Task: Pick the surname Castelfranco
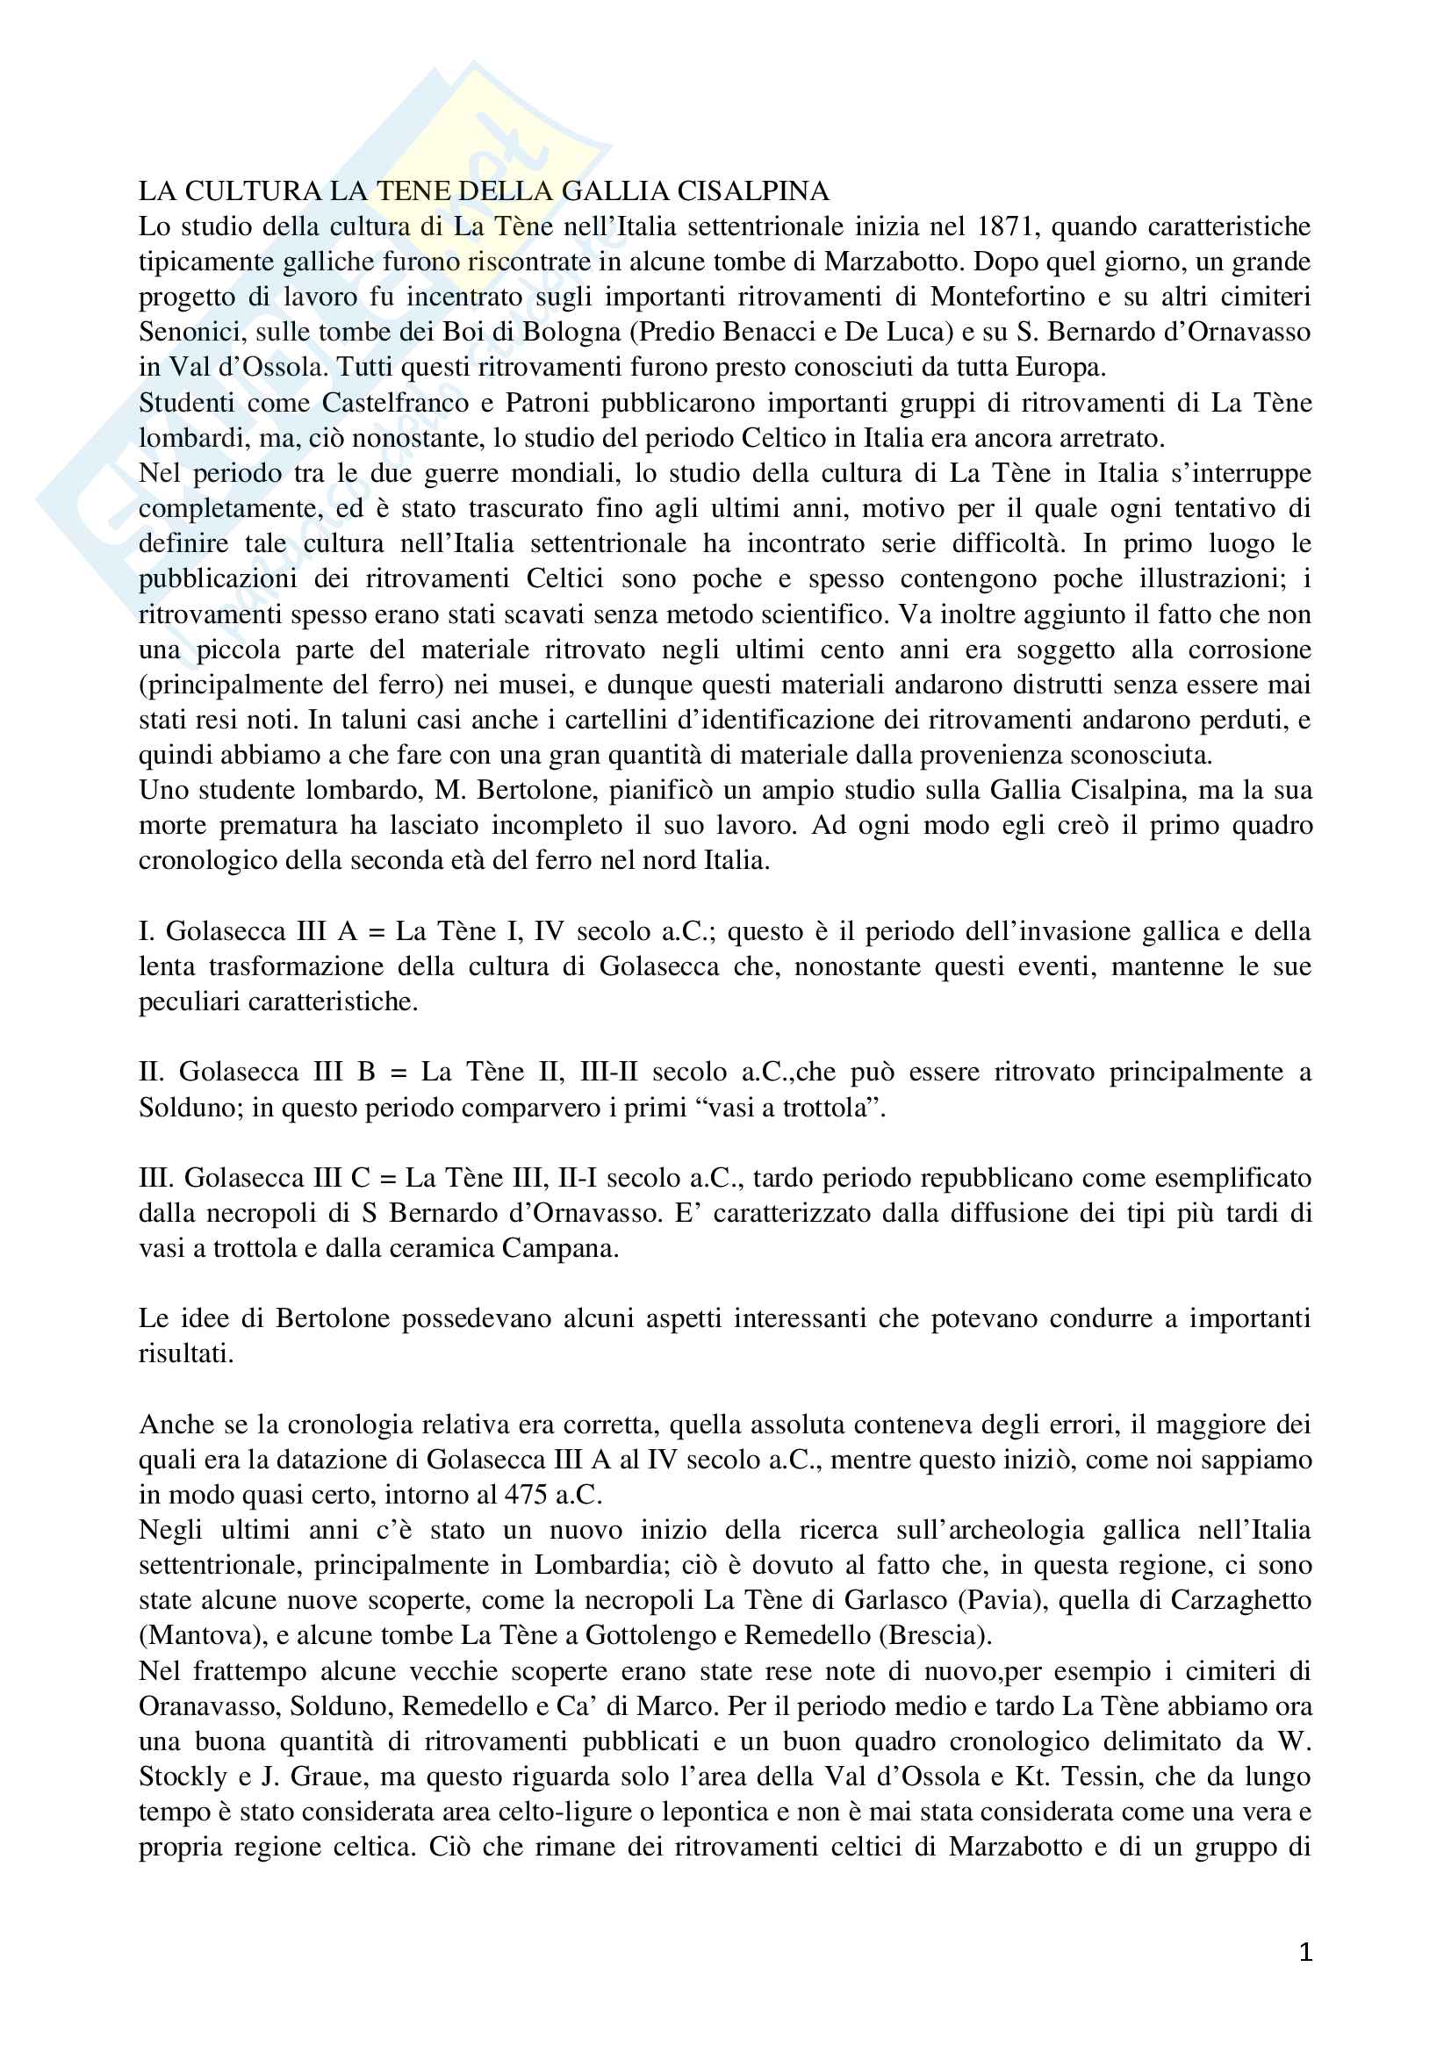[395, 402]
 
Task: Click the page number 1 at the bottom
[1305, 1952]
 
